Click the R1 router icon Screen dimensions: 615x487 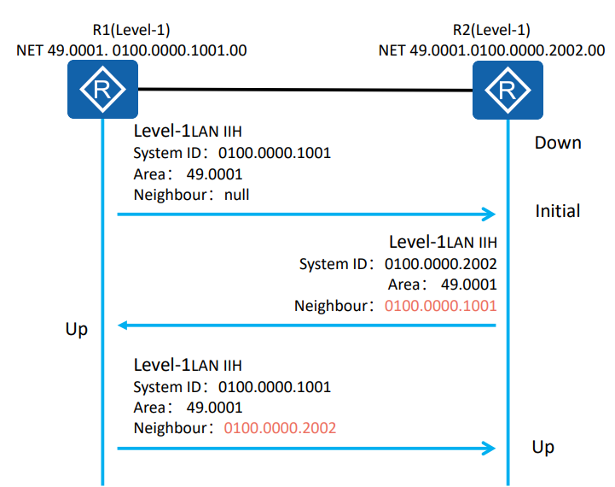point(102,89)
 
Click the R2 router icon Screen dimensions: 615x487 point(508,90)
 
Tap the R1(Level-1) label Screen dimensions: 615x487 point(131,30)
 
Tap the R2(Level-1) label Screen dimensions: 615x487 point(491,30)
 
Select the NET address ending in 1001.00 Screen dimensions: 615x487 point(131,50)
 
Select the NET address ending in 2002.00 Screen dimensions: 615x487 point(492,50)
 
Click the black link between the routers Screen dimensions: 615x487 point(305,90)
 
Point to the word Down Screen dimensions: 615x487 point(558,143)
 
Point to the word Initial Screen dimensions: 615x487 point(558,211)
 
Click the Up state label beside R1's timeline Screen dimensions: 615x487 point(77,330)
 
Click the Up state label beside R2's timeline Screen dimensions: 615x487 point(542,448)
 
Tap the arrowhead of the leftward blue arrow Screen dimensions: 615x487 point(122,326)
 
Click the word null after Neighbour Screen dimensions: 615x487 point(236,195)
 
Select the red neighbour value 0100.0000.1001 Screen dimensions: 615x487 point(440,306)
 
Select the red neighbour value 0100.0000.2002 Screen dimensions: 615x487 point(280,428)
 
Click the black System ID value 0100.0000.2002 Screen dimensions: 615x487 point(440,264)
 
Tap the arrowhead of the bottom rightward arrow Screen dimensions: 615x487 point(489,448)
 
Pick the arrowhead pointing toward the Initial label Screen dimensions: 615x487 point(489,214)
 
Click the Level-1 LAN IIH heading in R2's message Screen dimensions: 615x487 point(443,242)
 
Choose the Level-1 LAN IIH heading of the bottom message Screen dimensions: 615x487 point(188,365)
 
